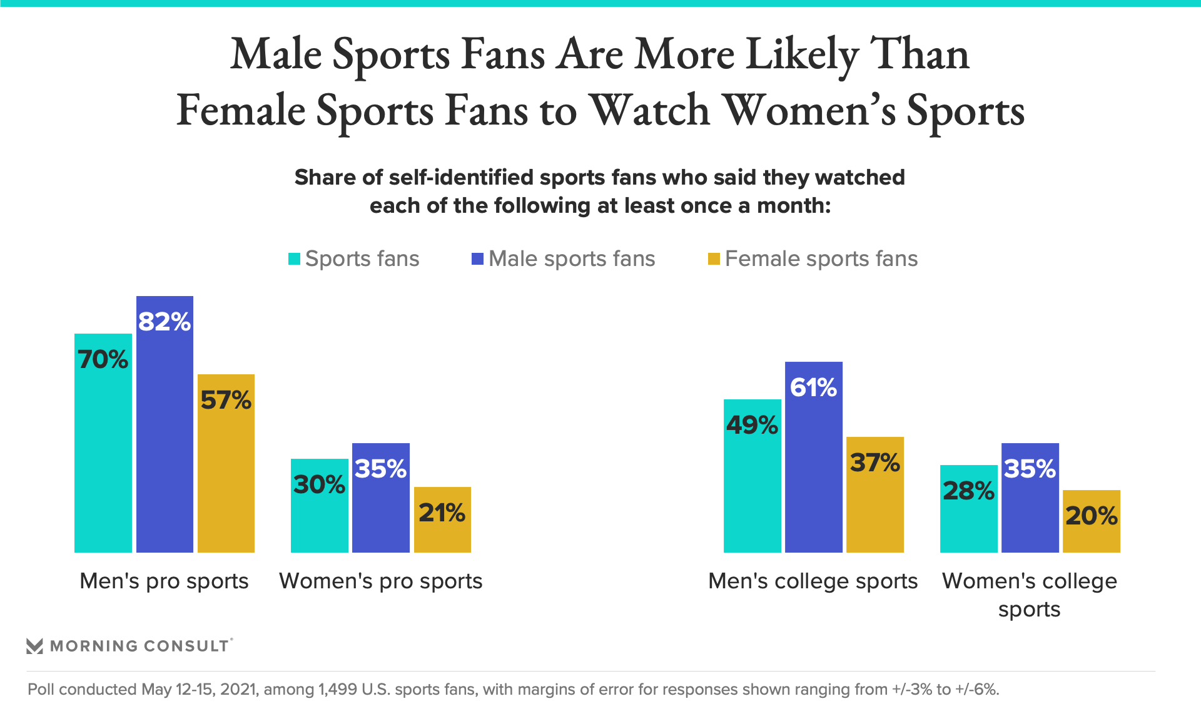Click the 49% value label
tap(752, 426)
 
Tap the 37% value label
tap(874, 463)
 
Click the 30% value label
tap(319, 484)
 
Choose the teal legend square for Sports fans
tap(294, 258)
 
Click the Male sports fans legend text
tap(571, 258)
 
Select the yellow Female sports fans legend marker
tap(714, 258)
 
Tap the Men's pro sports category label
tap(164, 581)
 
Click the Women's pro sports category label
tap(380, 581)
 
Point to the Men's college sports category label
tap(813, 581)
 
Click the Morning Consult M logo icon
tap(35, 646)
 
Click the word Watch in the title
tap(650, 111)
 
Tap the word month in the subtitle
tap(792, 206)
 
